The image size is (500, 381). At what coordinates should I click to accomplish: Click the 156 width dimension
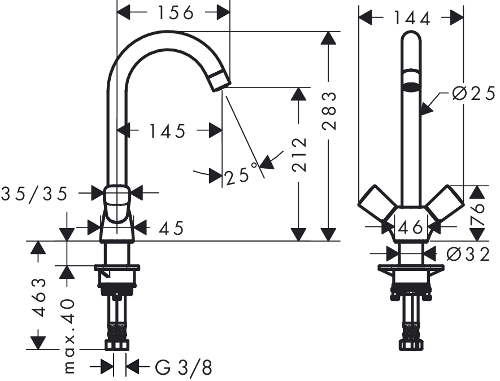(x=176, y=13)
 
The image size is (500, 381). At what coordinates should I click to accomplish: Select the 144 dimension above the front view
(x=412, y=18)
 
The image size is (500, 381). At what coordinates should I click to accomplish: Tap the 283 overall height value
(x=329, y=111)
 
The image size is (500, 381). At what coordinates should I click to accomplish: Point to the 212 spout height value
(x=299, y=155)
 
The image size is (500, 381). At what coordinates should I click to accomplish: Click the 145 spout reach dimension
(x=167, y=131)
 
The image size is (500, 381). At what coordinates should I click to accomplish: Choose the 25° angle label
(x=241, y=174)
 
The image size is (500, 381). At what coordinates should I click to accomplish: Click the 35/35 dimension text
(x=34, y=194)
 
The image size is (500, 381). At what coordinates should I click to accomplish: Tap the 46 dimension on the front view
(x=411, y=227)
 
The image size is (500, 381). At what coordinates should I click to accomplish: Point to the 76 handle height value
(x=477, y=214)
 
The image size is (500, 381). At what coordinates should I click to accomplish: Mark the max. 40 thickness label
(x=69, y=336)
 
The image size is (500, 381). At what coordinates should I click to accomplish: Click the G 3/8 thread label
(x=184, y=367)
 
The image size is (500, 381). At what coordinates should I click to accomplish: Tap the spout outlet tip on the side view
(x=221, y=87)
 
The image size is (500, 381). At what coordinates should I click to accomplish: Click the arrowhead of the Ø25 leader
(x=427, y=108)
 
